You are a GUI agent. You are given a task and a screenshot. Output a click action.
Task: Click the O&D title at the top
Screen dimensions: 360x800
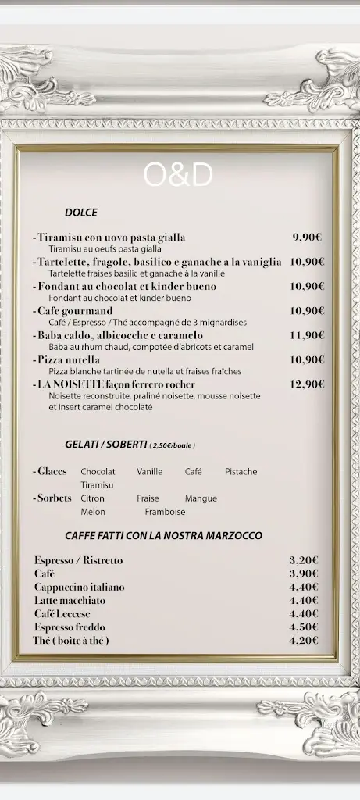[178, 175]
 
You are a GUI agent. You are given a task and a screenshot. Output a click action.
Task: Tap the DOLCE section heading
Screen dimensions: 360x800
[81, 212]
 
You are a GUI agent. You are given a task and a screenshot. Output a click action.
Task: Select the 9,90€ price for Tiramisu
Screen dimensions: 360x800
[308, 237]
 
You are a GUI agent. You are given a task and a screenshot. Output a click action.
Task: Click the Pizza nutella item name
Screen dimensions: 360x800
[69, 360]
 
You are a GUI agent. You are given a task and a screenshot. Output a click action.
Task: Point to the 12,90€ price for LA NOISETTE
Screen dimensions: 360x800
[307, 384]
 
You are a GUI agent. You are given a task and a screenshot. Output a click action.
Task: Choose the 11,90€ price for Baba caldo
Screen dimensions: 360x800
[307, 335]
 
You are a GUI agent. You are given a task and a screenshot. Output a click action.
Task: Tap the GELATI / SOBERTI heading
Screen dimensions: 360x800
[106, 445]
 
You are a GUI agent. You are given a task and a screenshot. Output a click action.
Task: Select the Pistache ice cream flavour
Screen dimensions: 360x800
[241, 472]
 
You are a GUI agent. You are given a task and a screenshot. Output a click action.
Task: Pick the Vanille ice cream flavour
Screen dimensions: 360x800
[150, 472]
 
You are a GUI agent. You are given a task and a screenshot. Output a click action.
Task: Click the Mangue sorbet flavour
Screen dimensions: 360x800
[201, 498]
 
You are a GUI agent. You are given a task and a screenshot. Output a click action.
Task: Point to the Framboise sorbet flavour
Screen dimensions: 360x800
[165, 512]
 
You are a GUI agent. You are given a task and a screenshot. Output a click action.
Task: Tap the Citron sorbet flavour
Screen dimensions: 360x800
[92, 498]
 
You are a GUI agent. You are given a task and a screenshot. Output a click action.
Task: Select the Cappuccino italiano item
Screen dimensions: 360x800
[79, 587]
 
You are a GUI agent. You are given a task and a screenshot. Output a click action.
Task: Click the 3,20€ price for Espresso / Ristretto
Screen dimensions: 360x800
[304, 560]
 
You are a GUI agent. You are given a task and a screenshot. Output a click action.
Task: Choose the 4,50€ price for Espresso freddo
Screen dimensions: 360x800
[304, 627]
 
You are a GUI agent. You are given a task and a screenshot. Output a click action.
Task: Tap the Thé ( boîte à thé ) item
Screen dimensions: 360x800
[71, 641]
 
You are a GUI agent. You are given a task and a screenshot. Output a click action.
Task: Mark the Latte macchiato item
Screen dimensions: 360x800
[70, 601]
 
